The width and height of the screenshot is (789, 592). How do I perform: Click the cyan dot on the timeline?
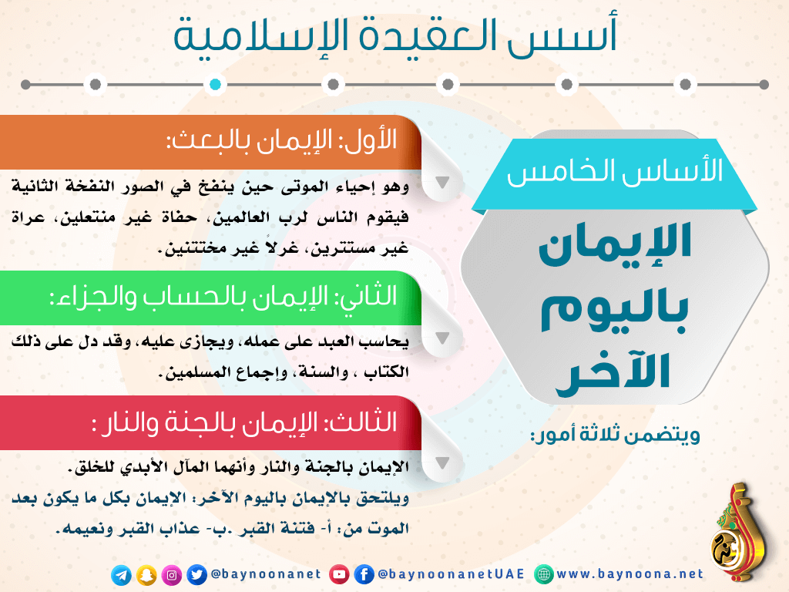click(x=215, y=85)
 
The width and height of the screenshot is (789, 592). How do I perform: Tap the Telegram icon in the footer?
click(x=121, y=575)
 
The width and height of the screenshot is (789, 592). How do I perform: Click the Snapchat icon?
click(x=146, y=575)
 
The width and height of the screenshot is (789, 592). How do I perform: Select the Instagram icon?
click(x=172, y=575)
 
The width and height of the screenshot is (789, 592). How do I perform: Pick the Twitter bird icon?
click(x=196, y=575)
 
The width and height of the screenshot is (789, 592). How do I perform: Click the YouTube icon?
click(x=339, y=574)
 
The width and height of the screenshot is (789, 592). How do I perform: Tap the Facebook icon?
click(x=364, y=574)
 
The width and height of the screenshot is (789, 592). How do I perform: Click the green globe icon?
click(x=543, y=574)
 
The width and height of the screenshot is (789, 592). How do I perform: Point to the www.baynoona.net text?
click(x=630, y=573)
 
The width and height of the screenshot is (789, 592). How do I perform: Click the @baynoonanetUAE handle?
click(x=451, y=574)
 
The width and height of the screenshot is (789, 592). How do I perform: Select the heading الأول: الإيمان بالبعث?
click(x=282, y=141)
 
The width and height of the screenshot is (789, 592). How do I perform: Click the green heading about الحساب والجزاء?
click(x=223, y=297)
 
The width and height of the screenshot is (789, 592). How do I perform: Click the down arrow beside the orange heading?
click(x=442, y=182)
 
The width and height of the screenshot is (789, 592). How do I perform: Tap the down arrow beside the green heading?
click(x=442, y=338)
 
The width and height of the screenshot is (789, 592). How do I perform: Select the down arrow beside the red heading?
click(x=442, y=463)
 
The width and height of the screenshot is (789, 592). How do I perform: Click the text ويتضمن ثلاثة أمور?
click(x=616, y=435)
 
